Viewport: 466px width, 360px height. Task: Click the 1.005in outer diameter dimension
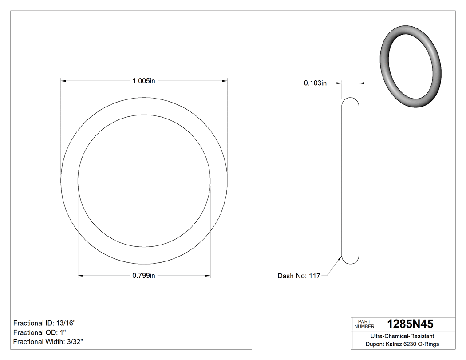tap(144, 81)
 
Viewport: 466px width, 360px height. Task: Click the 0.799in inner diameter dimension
tap(144, 276)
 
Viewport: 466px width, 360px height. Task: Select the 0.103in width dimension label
tap(315, 83)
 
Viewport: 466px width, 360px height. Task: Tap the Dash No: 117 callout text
tap(299, 276)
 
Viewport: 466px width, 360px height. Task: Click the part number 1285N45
tap(410, 324)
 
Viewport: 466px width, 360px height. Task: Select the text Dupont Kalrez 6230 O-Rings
tap(402, 344)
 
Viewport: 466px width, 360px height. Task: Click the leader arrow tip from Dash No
tap(341, 257)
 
